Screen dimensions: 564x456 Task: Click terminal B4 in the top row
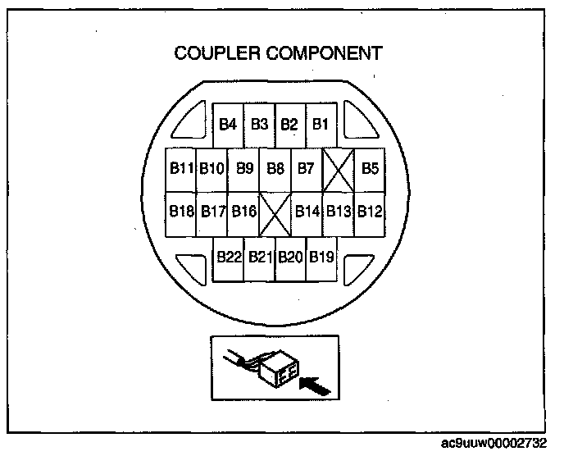coord(228,125)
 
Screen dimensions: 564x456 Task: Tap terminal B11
coord(181,169)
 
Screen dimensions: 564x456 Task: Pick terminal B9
coord(244,169)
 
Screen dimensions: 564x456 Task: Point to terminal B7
coord(306,169)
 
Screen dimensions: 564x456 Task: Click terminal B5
coord(370,169)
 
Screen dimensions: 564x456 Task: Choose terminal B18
coord(181,212)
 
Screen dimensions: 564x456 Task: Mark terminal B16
coord(243,212)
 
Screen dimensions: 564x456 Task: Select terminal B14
coord(307,212)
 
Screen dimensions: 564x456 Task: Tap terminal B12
coord(370,212)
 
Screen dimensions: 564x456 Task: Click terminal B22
coord(229,257)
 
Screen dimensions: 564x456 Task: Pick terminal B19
coord(321,257)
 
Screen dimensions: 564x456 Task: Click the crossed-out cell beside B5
coord(338,170)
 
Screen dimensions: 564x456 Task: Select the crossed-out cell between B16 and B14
coord(275,214)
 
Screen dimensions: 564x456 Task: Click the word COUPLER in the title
coord(216,54)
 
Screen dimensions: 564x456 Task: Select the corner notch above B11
coord(194,123)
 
